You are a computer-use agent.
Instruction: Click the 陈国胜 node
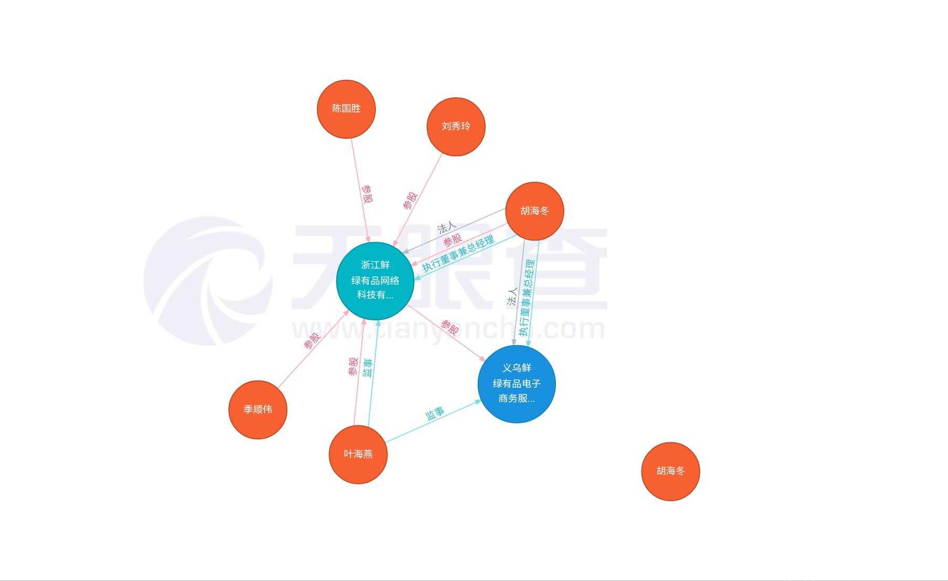tap(346, 109)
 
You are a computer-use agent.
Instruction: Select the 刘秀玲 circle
tap(456, 127)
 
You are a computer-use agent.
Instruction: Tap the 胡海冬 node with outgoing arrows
tap(534, 211)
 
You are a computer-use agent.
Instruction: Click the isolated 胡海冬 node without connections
tap(670, 471)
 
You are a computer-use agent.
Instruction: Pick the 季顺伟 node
tap(258, 409)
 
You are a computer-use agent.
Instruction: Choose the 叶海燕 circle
tap(358, 454)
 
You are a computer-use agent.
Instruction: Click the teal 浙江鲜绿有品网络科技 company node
tap(375, 281)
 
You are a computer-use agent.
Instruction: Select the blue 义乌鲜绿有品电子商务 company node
tap(517, 383)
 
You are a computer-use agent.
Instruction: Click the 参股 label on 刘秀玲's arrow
tap(410, 200)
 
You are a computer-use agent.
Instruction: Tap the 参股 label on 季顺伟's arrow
tap(312, 341)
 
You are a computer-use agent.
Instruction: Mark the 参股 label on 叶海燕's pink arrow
tap(353, 366)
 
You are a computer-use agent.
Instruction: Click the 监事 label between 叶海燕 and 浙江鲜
tap(367, 367)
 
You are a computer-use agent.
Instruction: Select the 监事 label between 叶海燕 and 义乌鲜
tap(435, 413)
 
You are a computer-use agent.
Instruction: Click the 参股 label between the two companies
tap(450, 327)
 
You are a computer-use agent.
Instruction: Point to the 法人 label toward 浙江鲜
tap(447, 227)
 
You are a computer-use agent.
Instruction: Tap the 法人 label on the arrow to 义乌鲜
tap(512, 297)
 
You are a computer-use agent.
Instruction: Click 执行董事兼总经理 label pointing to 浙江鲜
tap(458, 253)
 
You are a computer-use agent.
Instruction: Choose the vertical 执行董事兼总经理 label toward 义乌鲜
tap(527, 298)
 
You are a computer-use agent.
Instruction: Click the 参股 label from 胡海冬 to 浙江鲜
tap(451, 241)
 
